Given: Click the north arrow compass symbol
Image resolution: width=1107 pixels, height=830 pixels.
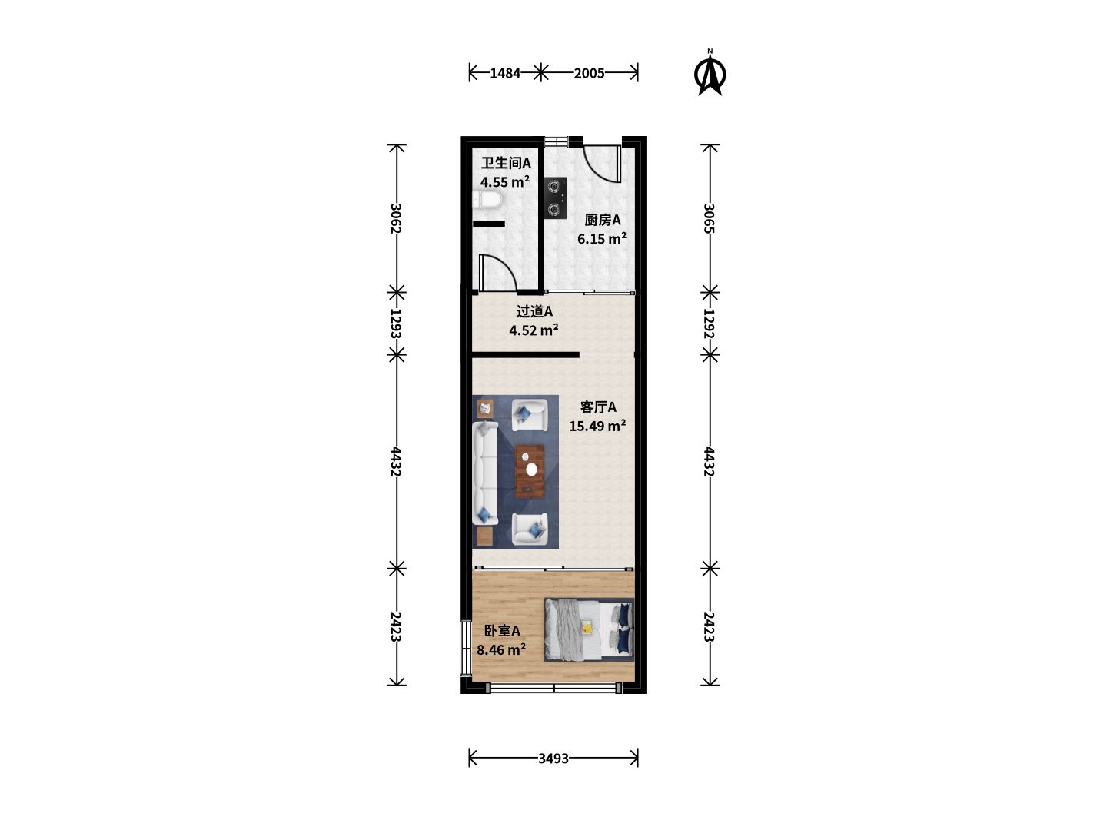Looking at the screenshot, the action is coord(710,74).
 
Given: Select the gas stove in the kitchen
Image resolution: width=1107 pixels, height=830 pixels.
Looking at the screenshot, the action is coord(555,198).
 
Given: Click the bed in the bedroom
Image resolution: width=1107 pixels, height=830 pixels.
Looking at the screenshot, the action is coord(589,629).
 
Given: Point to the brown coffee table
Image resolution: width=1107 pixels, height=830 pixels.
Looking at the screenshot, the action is coord(530,471).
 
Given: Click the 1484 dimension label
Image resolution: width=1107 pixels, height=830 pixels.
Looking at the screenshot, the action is coord(505,74).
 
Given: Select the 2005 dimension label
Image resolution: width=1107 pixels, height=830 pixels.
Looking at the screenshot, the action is coord(589,74).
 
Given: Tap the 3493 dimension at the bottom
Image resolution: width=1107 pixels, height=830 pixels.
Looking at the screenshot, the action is coord(553,759).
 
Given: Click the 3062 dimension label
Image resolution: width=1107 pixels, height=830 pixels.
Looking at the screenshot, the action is coord(397,218).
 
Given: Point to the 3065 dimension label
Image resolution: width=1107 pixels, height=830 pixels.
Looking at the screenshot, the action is coord(710,218).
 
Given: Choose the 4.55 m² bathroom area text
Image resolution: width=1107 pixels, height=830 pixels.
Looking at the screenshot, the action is coord(505,181).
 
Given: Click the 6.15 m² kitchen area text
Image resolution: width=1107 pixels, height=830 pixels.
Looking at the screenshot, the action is coord(602,238).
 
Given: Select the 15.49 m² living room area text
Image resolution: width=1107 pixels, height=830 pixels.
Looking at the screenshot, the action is coord(597,426).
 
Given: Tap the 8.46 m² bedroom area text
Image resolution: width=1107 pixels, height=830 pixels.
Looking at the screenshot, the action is coord(501,649).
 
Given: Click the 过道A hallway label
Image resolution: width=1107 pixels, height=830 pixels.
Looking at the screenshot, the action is coord(534,311).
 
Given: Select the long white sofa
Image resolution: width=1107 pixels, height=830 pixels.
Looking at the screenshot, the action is coord(485,473).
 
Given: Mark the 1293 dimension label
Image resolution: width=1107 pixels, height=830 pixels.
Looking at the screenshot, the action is coord(397,324).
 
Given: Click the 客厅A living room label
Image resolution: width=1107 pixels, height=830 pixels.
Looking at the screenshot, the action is coord(598,407).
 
